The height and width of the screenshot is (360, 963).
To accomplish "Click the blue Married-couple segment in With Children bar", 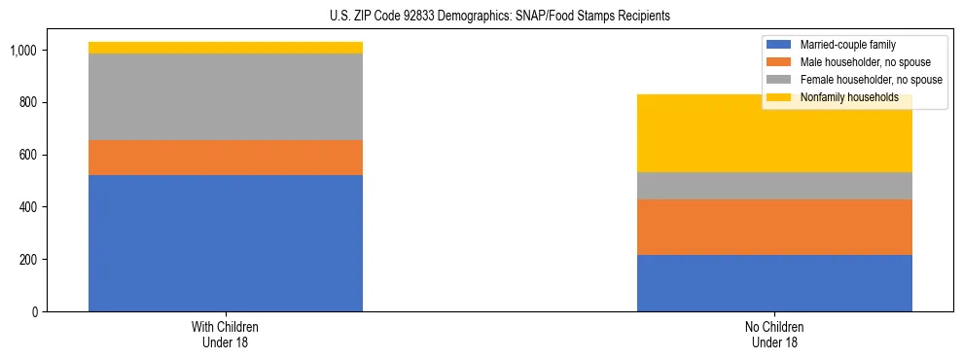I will click(x=226, y=243).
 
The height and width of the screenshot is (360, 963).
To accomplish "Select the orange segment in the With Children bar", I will click(x=226, y=158).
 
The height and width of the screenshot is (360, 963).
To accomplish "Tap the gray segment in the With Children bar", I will click(x=226, y=96).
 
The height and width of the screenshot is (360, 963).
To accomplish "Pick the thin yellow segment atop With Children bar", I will click(x=226, y=48).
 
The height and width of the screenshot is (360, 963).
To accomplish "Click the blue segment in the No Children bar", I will click(x=774, y=283).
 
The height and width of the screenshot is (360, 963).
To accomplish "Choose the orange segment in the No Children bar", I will click(x=774, y=227).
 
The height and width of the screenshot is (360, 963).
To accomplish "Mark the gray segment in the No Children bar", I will click(x=774, y=186).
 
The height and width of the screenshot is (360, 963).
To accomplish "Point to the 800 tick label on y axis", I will click(x=28, y=103).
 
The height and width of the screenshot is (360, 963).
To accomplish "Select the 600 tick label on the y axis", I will click(x=28, y=156).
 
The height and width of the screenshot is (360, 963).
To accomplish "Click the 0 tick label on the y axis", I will click(x=34, y=312).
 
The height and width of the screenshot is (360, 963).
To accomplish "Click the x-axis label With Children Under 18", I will click(x=226, y=334).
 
